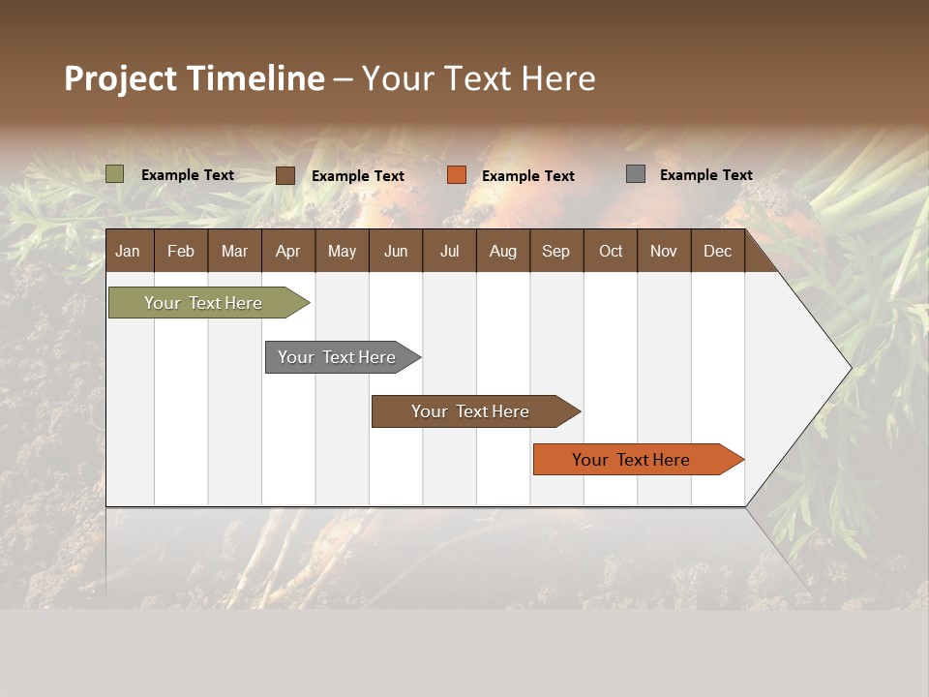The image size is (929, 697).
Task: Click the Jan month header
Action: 129,251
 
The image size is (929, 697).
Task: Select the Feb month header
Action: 181,251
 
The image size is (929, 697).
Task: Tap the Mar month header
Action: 234,251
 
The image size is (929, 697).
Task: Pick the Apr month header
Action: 288,251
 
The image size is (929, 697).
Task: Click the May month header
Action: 342,251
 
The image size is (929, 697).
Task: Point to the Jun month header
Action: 396,251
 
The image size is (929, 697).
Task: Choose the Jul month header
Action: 449,251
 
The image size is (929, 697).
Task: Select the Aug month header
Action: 503,251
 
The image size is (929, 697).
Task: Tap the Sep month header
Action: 556,251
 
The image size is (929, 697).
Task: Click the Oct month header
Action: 611,251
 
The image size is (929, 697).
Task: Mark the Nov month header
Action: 664,251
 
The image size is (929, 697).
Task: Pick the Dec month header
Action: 718,251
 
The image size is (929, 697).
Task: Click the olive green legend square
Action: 115,174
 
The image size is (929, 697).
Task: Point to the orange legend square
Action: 457,175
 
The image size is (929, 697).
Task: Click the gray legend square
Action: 636,174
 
